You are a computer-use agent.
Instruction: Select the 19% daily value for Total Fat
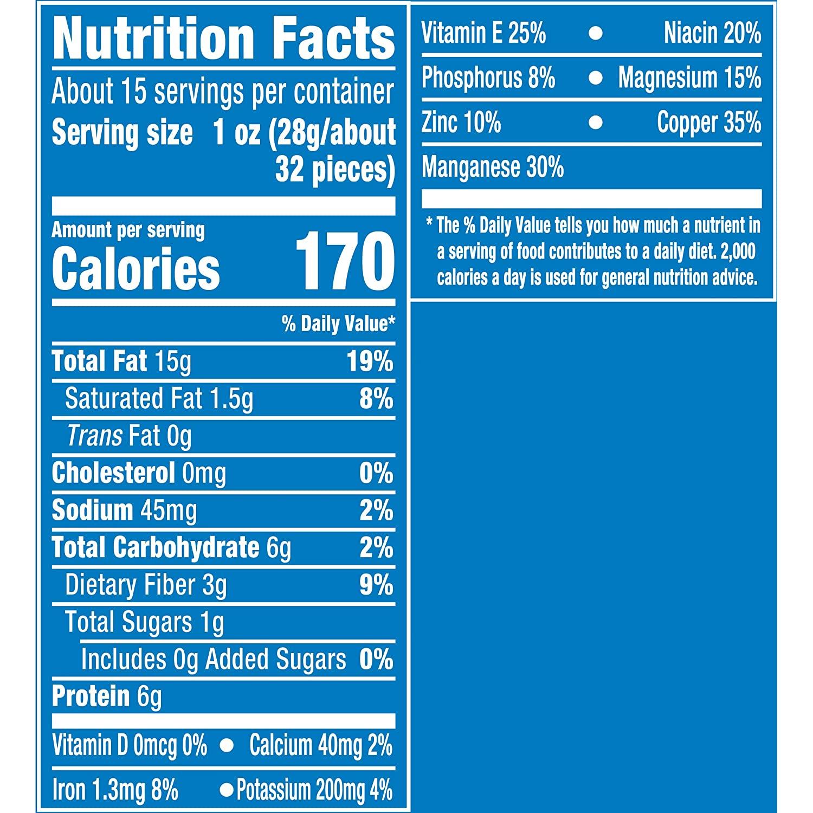tap(370, 361)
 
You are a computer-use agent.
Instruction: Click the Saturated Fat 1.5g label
tap(159, 399)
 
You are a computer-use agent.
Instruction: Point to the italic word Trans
tap(94, 436)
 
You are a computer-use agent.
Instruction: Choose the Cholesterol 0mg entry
tap(139, 473)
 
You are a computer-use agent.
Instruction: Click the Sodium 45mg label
tap(124, 511)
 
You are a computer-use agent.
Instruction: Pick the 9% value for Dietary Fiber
tap(376, 585)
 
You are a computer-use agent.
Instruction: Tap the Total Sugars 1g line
tap(144, 622)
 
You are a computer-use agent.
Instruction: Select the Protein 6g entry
tap(106, 696)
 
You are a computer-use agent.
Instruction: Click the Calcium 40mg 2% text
tap(320, 746)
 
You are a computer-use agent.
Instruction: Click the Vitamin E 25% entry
tap(483, 34)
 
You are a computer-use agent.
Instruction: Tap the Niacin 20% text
tap(712, 34)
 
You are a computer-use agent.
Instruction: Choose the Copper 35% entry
tap(709, 122)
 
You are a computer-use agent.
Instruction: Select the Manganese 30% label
tap(493, 167)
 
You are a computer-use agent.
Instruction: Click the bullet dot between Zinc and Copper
tap(596, 123)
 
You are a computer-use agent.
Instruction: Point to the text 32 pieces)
tap(334, 170)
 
